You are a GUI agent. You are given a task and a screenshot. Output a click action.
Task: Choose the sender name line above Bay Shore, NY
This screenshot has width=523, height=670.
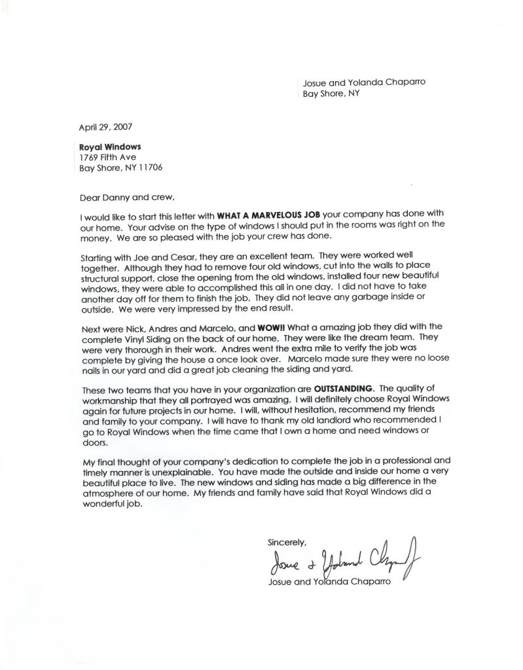click(x=357, y=82)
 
